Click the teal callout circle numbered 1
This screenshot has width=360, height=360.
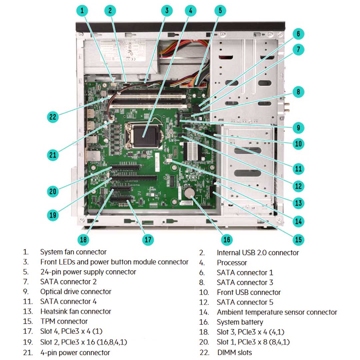[x=82, y=11]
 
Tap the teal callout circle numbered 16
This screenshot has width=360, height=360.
[x=227, y=239]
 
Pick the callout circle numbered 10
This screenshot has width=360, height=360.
[x=298, y=144]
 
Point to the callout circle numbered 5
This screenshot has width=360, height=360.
[x=220, y=11]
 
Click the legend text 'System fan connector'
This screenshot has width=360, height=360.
[x=73, y=252]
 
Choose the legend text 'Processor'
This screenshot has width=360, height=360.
[x=232, y=263]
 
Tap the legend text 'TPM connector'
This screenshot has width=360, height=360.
[x=64, y=321]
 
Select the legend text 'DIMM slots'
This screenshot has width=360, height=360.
[x=234, y=352]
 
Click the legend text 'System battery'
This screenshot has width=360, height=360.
[x=240, y=322]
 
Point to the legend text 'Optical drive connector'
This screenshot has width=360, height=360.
[x=76, y=292]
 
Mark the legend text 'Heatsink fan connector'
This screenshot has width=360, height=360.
[x=76, y=311]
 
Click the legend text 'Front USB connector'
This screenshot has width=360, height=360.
[x=249, y=292]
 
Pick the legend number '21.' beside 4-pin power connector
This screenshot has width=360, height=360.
[x=28, y=352]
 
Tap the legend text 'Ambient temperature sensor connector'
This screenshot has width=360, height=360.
[x=277, y=312]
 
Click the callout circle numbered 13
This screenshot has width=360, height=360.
[x=298, y=203]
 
